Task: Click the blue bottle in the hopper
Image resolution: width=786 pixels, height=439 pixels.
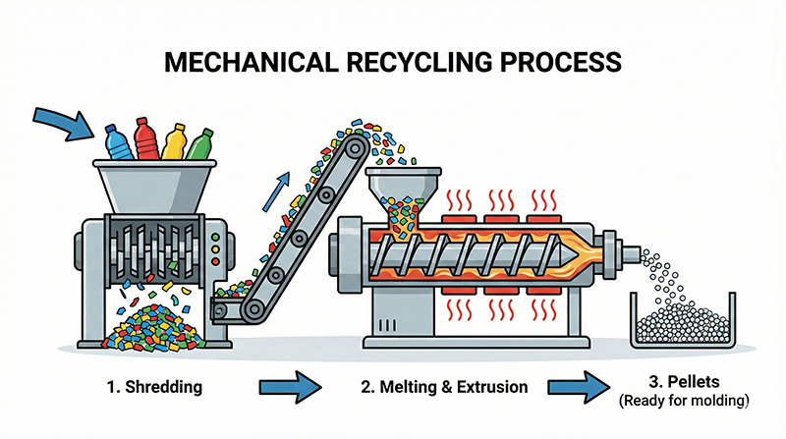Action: (x=117, y=142)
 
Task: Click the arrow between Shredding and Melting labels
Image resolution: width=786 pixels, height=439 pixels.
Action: (x=292, y=387)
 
